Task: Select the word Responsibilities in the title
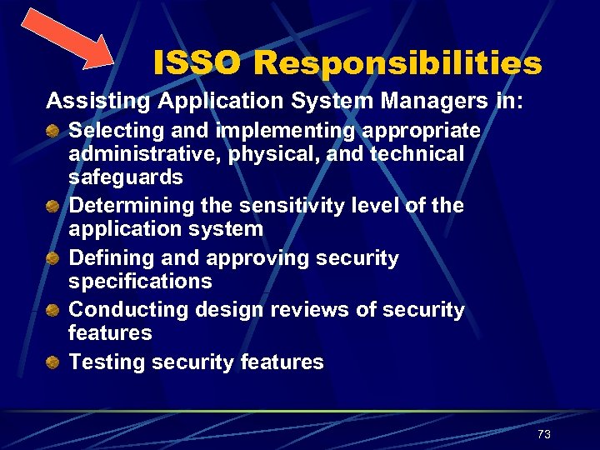pos(398,62)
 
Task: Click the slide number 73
pos(544,434)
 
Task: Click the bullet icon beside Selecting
pos(53,131)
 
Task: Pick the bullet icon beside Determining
pos(53,205)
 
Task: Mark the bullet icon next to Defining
pos(53,257)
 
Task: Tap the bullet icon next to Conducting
pos(53,310)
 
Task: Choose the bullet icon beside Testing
pos(53,362)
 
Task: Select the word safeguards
pos(126,177)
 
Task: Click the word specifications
pos(140,282)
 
